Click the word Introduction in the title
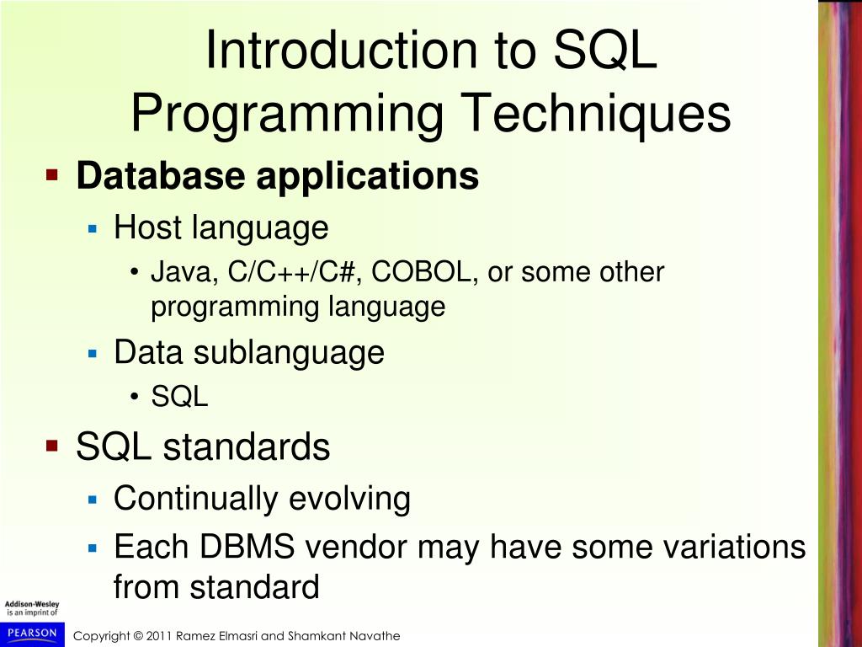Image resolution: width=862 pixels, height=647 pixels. click(x=342, y=50)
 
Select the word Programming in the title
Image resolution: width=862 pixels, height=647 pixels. click(x=287, y=114)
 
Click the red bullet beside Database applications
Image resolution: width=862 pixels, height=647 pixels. click(x=52, y=175)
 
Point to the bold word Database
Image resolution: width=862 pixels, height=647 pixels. click(x=161, y=176)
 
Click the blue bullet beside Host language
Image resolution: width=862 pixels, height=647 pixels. click(x=93, y=228)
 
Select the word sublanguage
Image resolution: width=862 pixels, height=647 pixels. click(x=289, y=353)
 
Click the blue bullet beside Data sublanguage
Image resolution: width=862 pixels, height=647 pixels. click(x=93, y=353)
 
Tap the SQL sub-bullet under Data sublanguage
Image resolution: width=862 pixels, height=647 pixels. click(x=180, y=396)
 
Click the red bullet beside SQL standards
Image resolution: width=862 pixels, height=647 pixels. click(x=52, y=445)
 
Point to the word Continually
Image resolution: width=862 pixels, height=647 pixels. click(x=195, y=499)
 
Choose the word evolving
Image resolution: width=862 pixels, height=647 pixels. click(x=349, y=499)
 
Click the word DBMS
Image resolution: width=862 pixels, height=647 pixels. click(x=247, y=547)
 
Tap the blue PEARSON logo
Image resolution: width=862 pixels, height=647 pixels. click(x=33, y=634)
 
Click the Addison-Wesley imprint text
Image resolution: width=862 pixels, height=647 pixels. click(x=32, y=608)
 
